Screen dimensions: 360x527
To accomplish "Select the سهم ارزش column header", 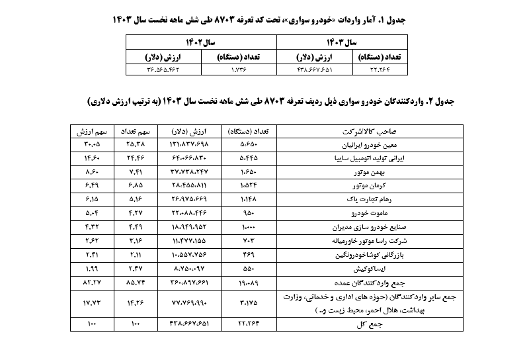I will pos(92,131).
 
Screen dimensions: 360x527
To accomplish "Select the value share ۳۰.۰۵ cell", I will pos(92,144).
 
